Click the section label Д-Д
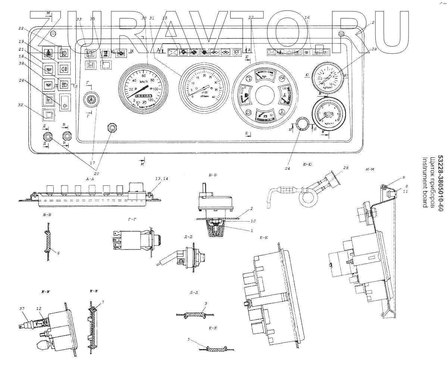point(188,236)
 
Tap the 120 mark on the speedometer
point(151,100)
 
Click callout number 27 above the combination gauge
point(251,18)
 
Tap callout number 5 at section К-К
point(189,339)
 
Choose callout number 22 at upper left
point(21,28)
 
